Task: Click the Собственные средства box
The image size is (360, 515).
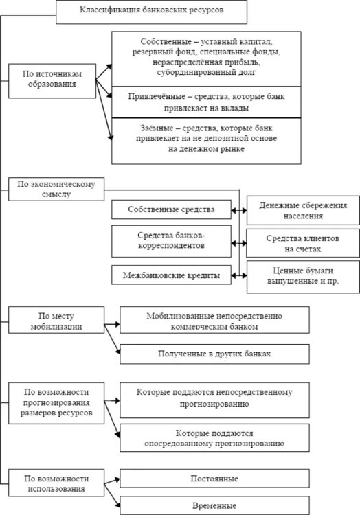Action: [171, 209]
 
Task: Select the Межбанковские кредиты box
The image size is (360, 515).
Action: [171, 275]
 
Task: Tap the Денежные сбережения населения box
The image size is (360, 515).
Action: [302, 210]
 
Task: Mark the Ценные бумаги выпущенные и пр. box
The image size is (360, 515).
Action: [302, 276]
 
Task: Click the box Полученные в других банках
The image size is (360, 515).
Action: [214, 354]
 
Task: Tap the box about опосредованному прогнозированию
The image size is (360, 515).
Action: [214, 439]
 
